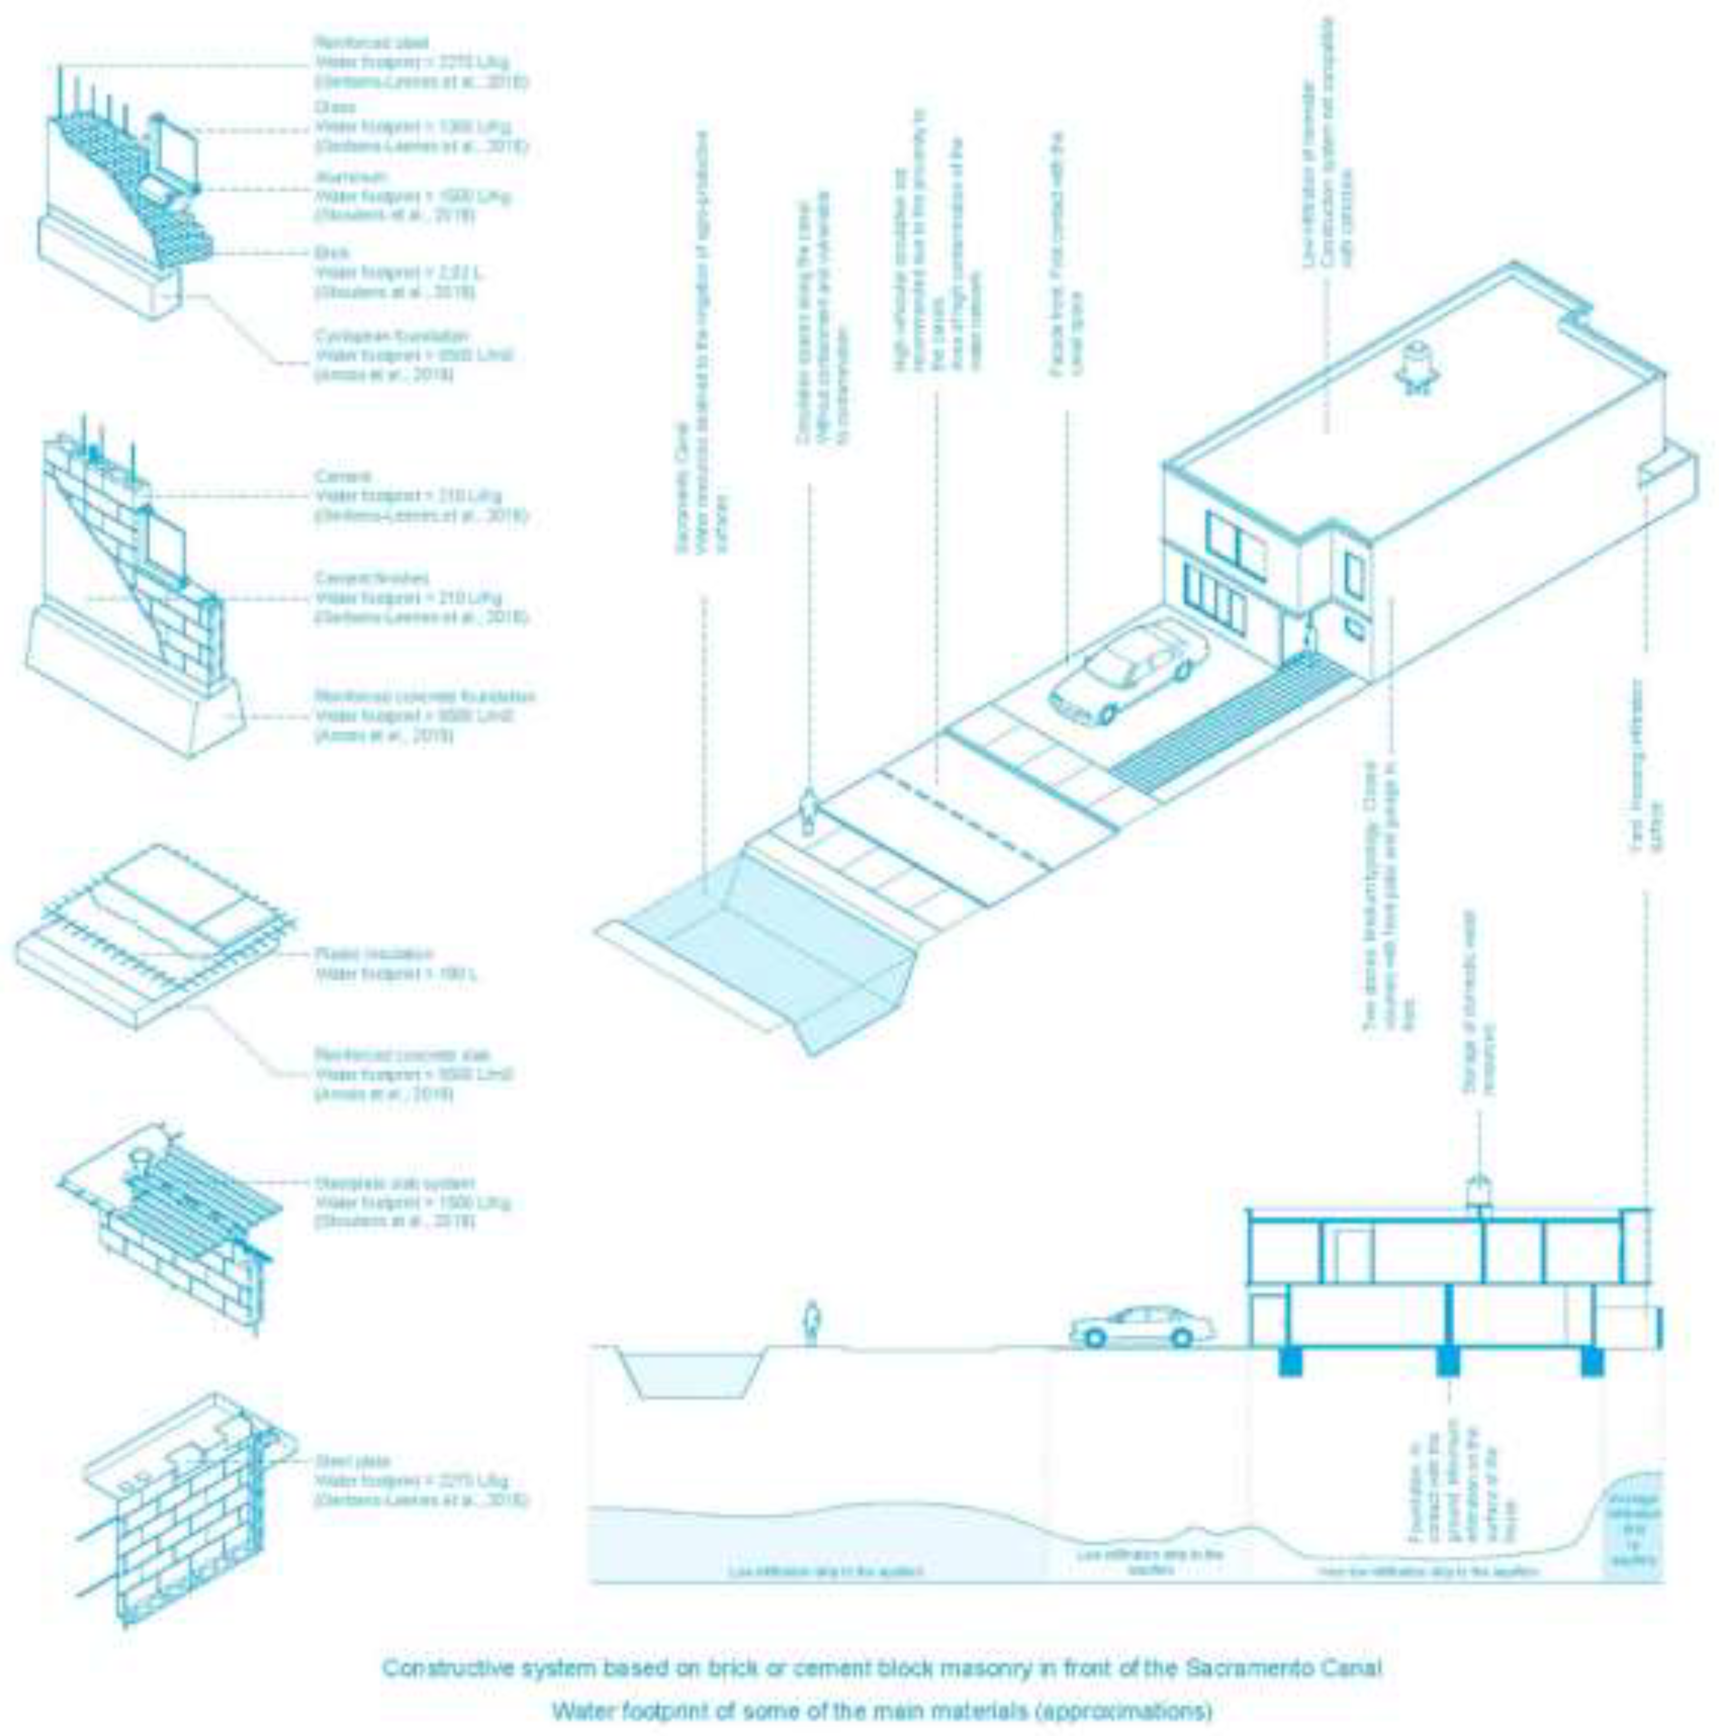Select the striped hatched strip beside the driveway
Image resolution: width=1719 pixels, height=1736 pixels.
click(x=1231, y=724)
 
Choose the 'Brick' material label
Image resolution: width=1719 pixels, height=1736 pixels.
click(x=331, y=253)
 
